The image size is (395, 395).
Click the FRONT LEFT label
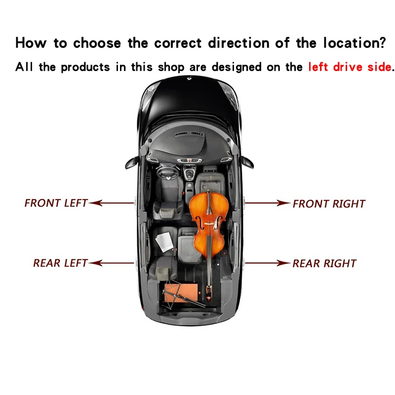point(56,203)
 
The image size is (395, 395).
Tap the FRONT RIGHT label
point(329,204)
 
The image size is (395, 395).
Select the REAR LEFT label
point(60,263)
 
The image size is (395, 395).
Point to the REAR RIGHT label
point(324,264)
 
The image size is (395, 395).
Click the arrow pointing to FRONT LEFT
point(112,203)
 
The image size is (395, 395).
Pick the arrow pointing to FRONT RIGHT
point(268,203)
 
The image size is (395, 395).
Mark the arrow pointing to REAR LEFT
point(112,263)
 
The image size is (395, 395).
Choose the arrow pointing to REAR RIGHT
point(268,263)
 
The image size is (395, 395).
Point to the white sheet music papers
point(164,242)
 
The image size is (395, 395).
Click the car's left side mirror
point(132,162)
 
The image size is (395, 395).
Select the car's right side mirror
point(247,162)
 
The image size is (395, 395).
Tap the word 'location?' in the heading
point(355,42)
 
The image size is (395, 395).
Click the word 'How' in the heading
point(31,42)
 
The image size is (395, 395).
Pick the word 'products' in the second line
point(85,67)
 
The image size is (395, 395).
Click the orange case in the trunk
point(181,293)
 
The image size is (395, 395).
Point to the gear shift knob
point(189,174)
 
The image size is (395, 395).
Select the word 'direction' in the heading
point(239,42)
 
